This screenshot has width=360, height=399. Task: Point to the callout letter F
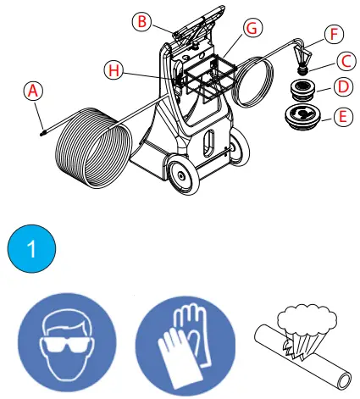coord(335,35)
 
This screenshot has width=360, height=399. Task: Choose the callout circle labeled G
coord(250,28)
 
